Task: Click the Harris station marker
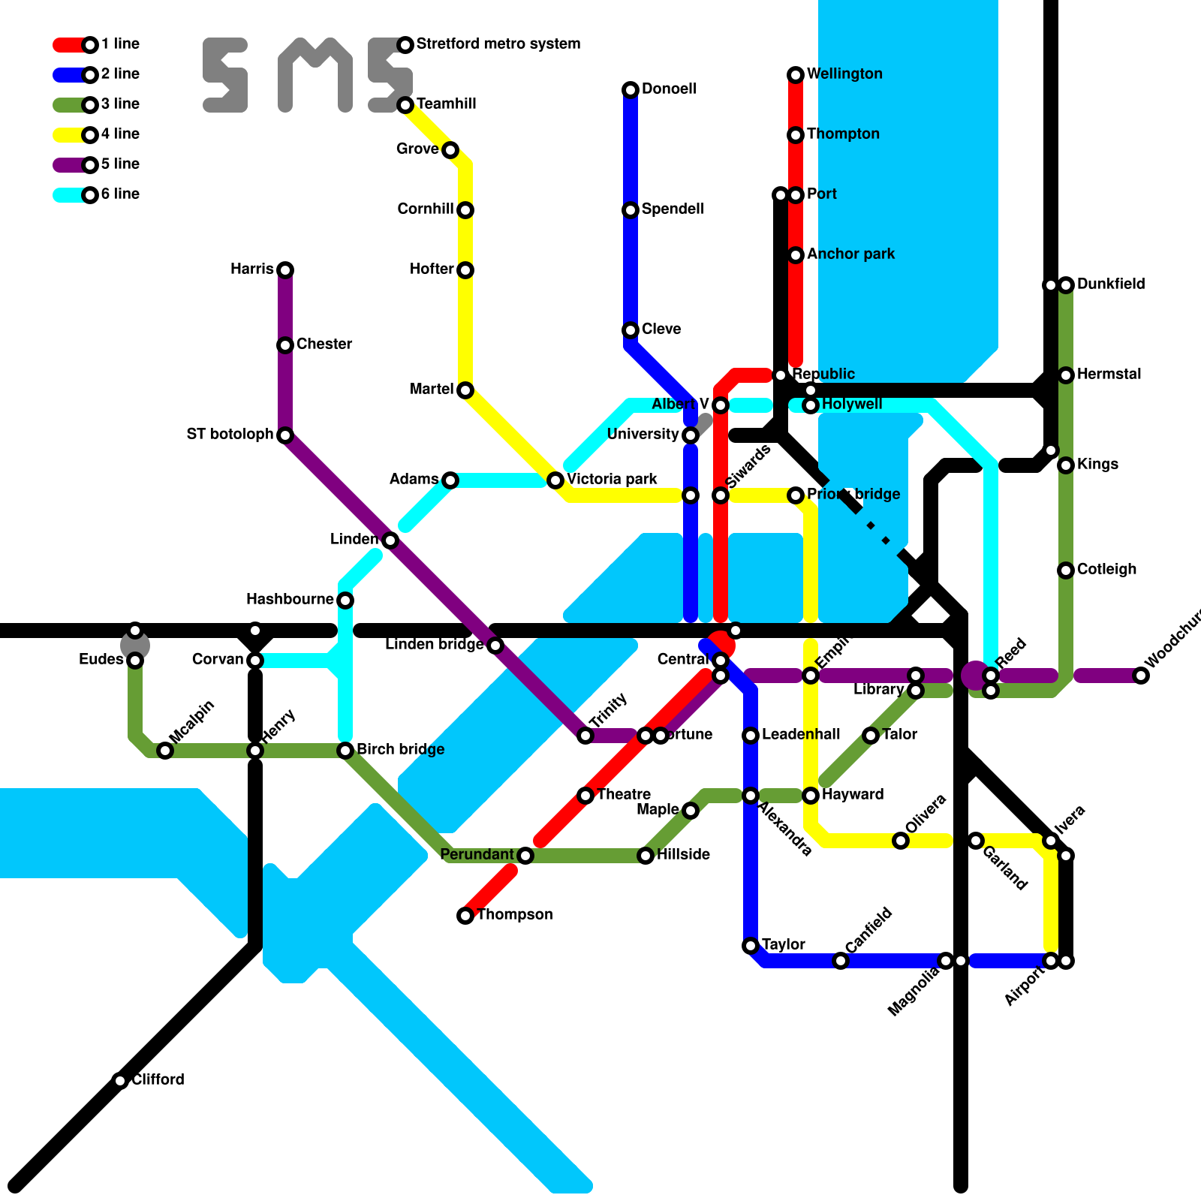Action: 285,270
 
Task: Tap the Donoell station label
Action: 669,89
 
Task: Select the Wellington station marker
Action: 796,75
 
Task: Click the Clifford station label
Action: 158,1080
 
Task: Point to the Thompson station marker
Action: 465,916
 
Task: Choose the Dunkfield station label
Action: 1110,284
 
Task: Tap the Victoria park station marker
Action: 555,480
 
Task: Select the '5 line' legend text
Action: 120,164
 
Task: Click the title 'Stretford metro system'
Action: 498,44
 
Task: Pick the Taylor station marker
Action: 751,946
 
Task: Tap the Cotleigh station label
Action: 1106,570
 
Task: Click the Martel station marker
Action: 465,390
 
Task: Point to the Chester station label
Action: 324,345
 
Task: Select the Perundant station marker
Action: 525,856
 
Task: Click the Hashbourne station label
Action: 290,600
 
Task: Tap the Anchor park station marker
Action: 796,255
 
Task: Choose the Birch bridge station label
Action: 400,750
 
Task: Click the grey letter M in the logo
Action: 315,75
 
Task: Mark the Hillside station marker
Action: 646,856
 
